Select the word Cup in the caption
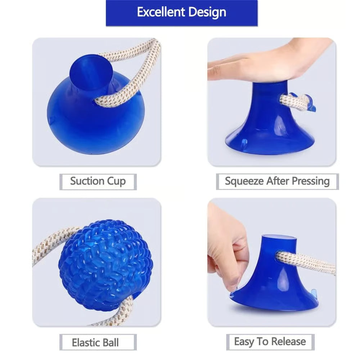[116, 181]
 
